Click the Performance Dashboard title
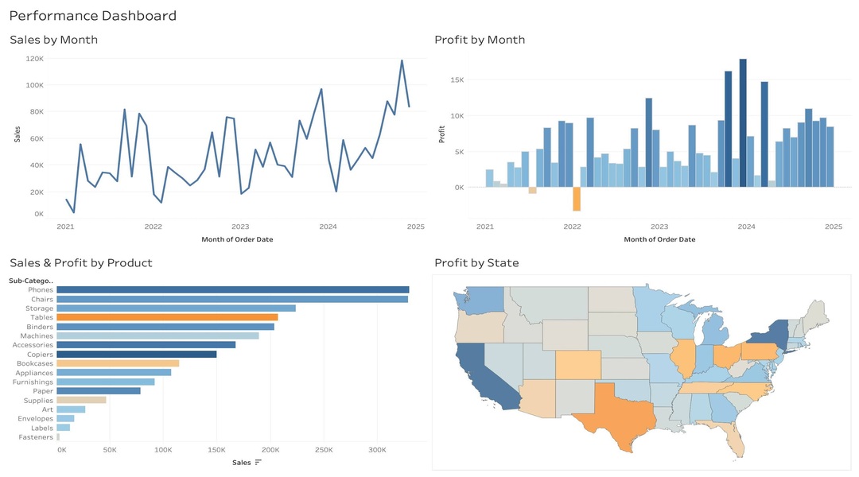(x=93, y=16)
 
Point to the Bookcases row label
(x=35, y=363)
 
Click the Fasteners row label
(x=36, y=437)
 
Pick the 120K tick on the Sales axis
(x=34, y=59)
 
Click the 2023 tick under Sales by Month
(x=240, y=227)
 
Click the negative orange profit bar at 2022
(x=577, y=199)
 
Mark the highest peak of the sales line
(x=402, y=60)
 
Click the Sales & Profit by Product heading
(x=80, y=263)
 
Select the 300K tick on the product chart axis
(x=377, y=450)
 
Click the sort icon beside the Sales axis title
(x=258, y=463)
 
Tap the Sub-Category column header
(x=31, y=280)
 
